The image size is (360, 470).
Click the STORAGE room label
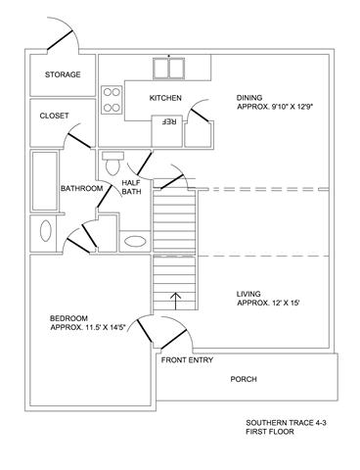click(x=63, y=74)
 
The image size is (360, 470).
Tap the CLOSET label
click(x=54, y=116)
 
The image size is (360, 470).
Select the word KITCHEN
click(x=165, y=98)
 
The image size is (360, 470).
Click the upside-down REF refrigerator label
click(x=169, y=121)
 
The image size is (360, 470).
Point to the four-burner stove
click(x=112, y=100)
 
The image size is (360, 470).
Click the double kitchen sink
click(x=169, y=69)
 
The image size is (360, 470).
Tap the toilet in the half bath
click(x=112, y=163)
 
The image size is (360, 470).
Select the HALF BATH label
click(x=131, y=187)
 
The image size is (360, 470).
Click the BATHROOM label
click(x=81, y=188)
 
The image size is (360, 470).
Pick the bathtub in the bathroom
click(x=45, y=181)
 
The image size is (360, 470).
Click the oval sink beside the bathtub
click(x=46, y=231)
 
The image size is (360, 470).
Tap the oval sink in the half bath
click(x=135, y=242)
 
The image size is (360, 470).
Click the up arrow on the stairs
click(x=176, y=301)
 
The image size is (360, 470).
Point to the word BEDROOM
click(x=68, y=318)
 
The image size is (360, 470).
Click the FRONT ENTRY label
click(x=187, y=360)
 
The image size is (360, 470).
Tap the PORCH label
click(x=244, y=379)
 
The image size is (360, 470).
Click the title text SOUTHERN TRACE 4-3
click(x=287, y=423)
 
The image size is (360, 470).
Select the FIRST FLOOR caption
click(x=270, y=432)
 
